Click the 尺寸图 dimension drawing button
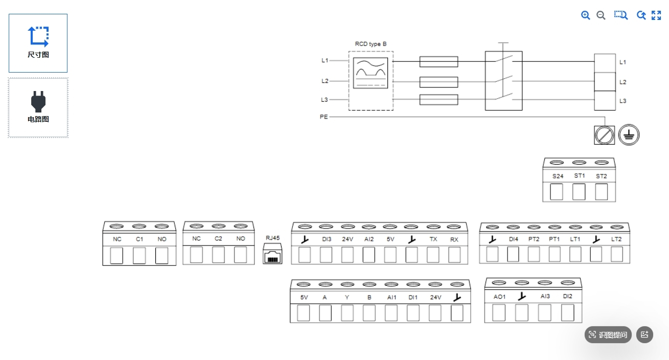tap(38, 43)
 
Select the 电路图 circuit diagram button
tap(38, 107)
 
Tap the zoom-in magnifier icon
tap(585, 15)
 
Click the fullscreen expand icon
tap(656, 15)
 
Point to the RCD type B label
tap(371, 44)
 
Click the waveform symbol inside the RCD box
tap(371, 73)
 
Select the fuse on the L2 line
tap(439, 82)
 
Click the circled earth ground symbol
tap(629, 134)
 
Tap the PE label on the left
tap(324, 117)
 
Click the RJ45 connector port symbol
tap(272, 254)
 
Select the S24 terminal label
tap(558, 176)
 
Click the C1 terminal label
tap(140, 239)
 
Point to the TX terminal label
tap(433, 239)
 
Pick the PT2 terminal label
tap(534, 239)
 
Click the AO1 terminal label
tap(499, 297)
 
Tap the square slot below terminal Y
tap(347, 313)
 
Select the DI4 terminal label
tap(514, 239)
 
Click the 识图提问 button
tap(608, 334)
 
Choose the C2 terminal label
tap(218, 238)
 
